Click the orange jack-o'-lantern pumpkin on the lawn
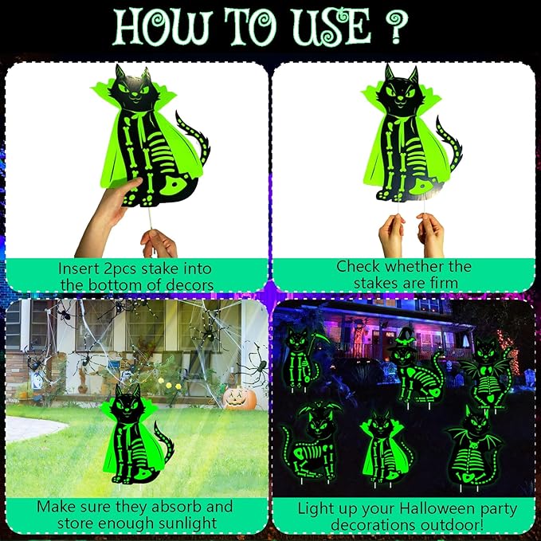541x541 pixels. pyautogui.click(x=239, y=398)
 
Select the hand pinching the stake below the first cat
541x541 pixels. pyautogui.click(x=159, y=241)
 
